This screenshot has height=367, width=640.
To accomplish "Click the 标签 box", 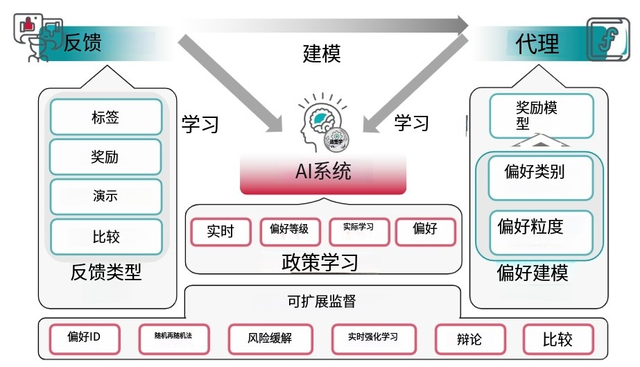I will coord(106,117).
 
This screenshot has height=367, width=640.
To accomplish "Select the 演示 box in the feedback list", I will coord(106,196).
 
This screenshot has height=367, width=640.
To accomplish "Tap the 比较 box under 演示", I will coord(106,237).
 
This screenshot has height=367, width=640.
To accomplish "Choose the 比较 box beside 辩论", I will coord(557,339).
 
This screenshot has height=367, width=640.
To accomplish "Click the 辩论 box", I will coord(469,339).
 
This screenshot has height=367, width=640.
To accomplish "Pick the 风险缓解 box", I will coord(269,339).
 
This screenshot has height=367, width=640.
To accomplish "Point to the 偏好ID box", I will coord(84,338).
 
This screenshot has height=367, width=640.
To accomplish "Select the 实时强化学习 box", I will coord(373,338).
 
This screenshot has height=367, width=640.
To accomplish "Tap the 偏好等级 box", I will coord(289,232).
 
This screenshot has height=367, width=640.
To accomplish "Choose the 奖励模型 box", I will coord(542,116).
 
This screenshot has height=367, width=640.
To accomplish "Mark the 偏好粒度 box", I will coord(533,227).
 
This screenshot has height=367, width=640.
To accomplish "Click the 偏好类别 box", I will coord(533,173).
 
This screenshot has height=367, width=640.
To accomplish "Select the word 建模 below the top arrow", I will coord(322,53).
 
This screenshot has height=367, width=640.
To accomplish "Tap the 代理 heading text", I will coord(537,44).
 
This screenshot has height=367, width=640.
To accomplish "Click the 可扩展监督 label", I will coord(322,301).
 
